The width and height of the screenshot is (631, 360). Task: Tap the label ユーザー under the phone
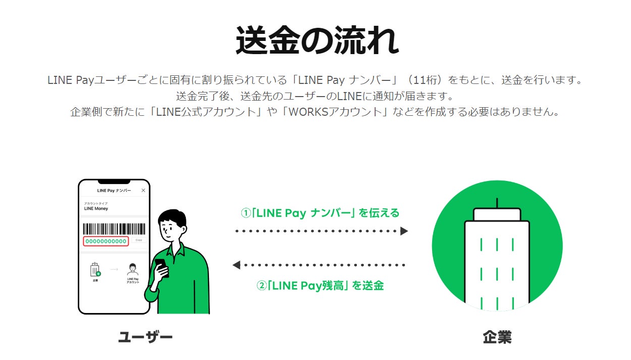point(145,337)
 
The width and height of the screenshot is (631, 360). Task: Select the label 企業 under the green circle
point(497,337)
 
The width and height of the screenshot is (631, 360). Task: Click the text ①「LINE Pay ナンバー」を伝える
point(320,213)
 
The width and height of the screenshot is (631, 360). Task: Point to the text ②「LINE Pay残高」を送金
point(320,286)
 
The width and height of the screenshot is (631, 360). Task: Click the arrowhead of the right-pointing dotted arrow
point(404,231)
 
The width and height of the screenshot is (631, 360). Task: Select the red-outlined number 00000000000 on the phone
point(106,241)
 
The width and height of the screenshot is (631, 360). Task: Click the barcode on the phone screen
point(114,228)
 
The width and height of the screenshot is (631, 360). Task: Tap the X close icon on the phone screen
point(143,191)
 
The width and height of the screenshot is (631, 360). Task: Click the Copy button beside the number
point(139,240)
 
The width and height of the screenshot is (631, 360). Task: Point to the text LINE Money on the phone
point(96,208)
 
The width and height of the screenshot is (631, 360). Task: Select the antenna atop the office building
point(497,203)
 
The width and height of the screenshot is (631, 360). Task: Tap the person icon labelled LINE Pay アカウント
point(133,269)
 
